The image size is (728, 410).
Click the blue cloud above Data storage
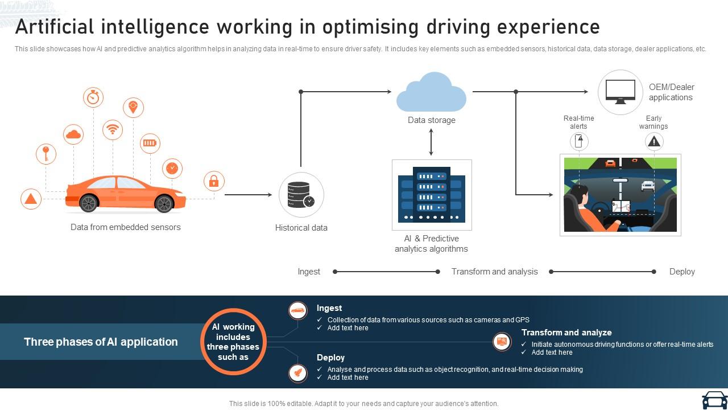431,92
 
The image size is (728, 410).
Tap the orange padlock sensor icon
214,181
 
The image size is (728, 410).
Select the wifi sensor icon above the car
113,129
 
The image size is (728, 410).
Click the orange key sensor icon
46,154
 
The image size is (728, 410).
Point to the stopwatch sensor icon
93,97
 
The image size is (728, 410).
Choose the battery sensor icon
150,143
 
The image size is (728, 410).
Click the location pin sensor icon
133,107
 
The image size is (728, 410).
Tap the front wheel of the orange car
164,204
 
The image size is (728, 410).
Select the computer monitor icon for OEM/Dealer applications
620,92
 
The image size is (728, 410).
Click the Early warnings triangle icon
654,142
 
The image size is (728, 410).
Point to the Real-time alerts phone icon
579,142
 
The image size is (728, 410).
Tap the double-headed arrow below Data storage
431,142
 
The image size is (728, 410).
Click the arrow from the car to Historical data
249,195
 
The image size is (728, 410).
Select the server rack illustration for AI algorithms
432,195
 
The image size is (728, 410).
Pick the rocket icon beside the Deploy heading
297,372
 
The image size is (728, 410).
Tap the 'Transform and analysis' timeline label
494,272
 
